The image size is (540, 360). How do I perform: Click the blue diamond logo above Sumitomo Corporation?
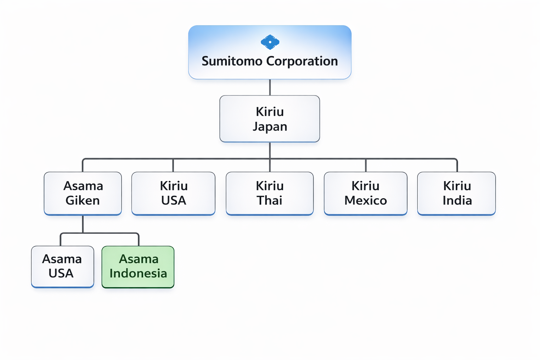(x=270, y=42)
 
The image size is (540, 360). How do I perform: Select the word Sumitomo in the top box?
(x=232, y=61)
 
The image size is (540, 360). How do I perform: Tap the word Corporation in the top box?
(x=302, y=61)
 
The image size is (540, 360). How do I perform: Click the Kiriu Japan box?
(x=270, y=119)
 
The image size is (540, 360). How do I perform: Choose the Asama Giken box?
(x=83, y=193)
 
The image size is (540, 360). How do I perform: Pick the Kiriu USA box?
(x=173, y=193)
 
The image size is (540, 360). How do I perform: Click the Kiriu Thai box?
(x=270, y=193)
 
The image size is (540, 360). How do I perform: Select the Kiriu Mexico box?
(x=366, y=193)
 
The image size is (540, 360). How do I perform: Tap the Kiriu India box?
(x=457, y=193)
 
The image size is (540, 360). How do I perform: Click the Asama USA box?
(x=63, y=266)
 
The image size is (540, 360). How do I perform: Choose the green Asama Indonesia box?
(x=138, y=267)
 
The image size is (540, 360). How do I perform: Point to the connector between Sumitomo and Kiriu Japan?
(x=270, y=87)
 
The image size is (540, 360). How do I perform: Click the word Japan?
(x=270, y=127)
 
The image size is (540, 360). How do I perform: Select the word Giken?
(x=83, y=201)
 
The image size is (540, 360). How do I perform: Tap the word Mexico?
(x=366, y=201)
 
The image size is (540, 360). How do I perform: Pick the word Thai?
(x=270, y=201)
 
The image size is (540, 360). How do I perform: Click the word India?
(x=457, y=201)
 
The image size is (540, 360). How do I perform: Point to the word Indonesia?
(x=138, y=274)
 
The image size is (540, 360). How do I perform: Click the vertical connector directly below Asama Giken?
(x=83, y=224)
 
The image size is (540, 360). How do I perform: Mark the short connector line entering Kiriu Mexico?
(x=366, y=165)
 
